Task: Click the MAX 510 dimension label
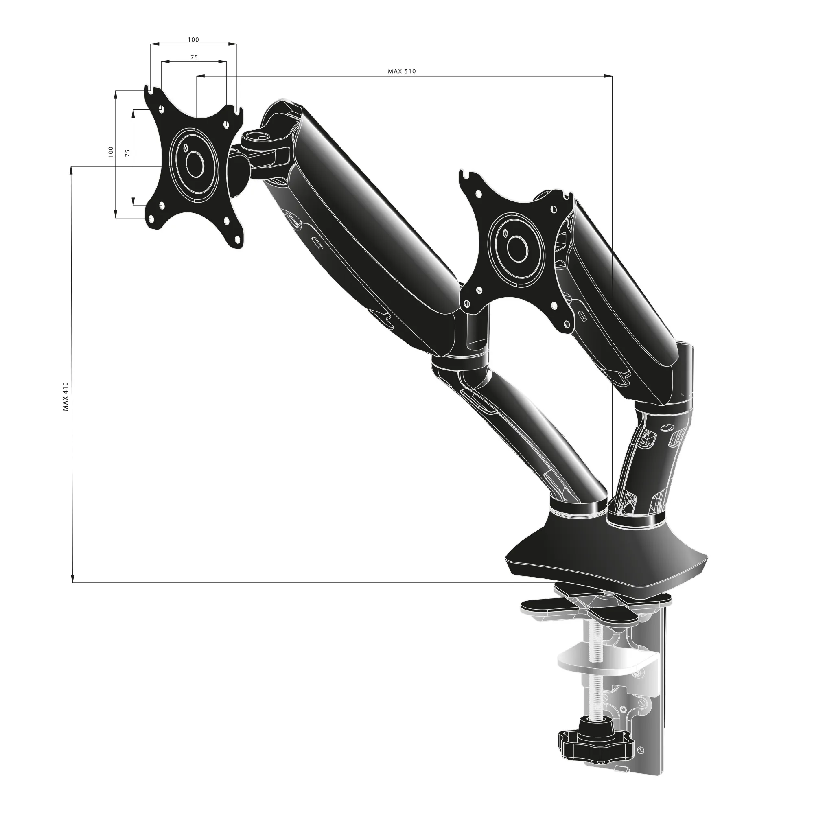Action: (x=402, y=71)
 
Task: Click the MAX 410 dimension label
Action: (x=65, y=396)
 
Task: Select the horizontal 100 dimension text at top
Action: (x=193, y=39)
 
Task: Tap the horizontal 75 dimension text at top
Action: (x=194, y=57)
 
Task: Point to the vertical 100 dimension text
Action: (x=111, y=152)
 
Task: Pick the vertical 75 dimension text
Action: (x=128, y=153)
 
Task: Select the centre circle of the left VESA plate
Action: (x=195, y=165)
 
